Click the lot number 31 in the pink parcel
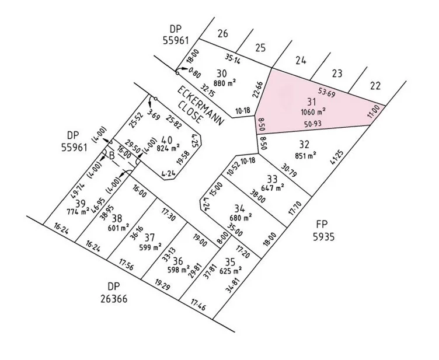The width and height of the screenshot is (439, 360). click(x=304, y=101)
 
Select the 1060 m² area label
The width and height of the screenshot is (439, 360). click(x=313, y=111)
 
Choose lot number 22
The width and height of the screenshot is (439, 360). click(x=375, y=86)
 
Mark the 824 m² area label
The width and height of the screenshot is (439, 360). click(x=169, y=148)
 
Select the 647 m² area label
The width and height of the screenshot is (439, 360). click(x=273, y=188)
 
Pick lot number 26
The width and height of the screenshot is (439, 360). click(x=222, y=34)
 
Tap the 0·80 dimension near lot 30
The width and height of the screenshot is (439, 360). click(x=195, y=75)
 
